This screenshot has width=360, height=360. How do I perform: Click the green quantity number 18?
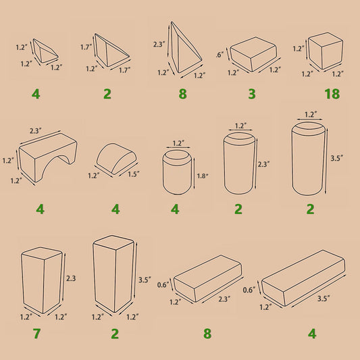[x=332, y=94]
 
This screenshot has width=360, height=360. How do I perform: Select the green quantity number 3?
[x=252, y=94]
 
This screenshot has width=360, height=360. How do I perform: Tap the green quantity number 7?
[x=36, y=334]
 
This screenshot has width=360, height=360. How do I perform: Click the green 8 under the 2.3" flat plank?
[x=207, y=334]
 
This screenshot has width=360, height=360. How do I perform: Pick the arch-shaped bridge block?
[x=48, y=157]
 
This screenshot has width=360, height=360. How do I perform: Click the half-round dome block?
[x=116, y=159]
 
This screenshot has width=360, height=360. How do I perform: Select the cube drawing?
[x=326, y=51]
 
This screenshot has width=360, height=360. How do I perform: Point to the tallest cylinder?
[x=309, y=159]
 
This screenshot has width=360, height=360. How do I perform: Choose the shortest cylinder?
[x=177, y=172]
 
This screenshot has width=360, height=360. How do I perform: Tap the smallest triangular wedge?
[x=45, y=51]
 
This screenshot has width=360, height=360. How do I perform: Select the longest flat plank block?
[x=303, y=278]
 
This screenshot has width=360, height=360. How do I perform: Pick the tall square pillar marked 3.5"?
[x=113, y=274]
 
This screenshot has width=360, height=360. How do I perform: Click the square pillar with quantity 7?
[x=42, y=280]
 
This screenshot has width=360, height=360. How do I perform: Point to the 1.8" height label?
[x=203, y=176]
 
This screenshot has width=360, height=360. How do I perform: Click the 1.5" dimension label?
[x=133, y=174]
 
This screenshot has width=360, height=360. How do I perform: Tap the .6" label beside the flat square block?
[x=220, y=55]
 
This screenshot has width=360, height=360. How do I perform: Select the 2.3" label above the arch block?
[x=36, y=130]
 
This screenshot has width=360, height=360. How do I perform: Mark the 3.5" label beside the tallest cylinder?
[x=337, y=158]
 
